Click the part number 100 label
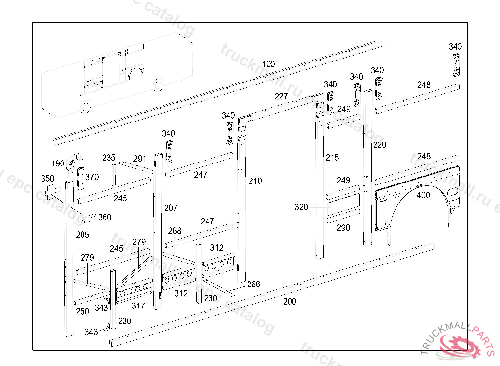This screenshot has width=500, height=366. (x=269, y=64)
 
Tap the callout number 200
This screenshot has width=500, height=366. (x=290, y=302)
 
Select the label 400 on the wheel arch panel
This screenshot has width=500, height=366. (x=423, y=195)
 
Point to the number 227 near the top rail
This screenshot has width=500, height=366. (x=281, y=96)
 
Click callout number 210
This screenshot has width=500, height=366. (x=255, y=181)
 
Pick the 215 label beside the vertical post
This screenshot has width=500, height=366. (x=332, y=158)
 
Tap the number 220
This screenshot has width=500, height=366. (x=379, y=145)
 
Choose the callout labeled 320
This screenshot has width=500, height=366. (x=301, y=207)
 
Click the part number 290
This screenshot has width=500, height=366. (x=343, y=228)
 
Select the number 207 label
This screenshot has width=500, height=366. (x=171, y=208)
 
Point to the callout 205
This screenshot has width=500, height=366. (x=83, y=235)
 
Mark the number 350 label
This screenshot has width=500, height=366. (x=47, y=178)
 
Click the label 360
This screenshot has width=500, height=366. (x=104, y=217)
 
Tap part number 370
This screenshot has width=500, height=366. (x=92, y=177)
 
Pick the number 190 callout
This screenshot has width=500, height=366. (x=58, y=163)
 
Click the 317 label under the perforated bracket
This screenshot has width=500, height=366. (x=138, y=306)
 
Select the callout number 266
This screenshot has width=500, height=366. (x=253, y=285)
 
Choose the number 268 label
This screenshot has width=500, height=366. (x=174, y=230)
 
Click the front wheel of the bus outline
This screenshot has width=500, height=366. (x=85, y=106)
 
